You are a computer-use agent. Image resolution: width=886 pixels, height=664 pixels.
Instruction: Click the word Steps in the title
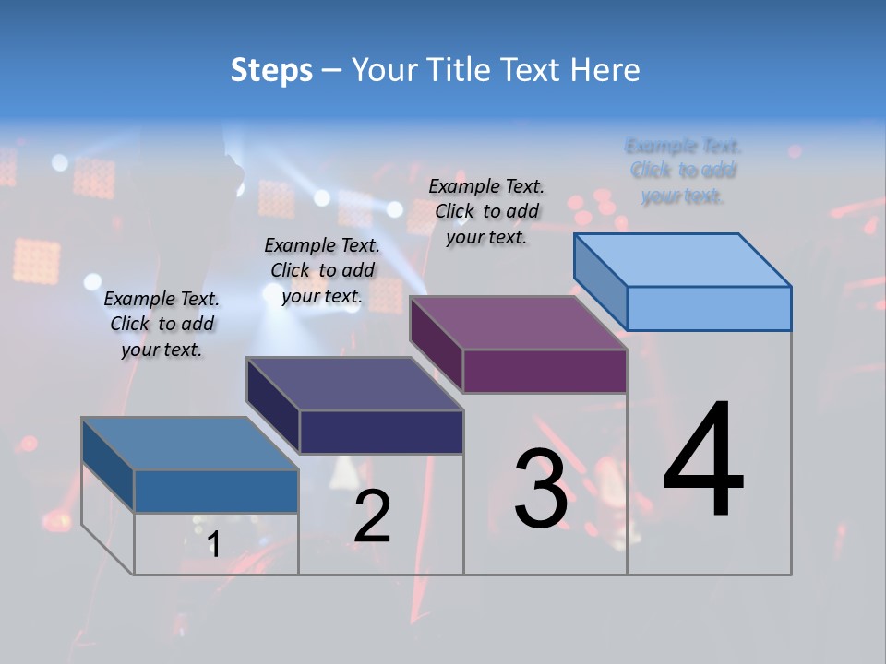tap(271, 70)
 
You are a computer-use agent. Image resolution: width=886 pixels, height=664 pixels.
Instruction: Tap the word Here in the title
tap(605, 70)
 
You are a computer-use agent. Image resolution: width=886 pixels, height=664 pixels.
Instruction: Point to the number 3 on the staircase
tap(541, 489)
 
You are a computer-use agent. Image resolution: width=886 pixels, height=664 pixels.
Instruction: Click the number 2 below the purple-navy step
tap(372, 516)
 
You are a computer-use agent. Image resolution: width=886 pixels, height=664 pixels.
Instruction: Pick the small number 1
tap(214, 544)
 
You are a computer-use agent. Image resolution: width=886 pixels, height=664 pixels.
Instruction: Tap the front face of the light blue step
tap(709, 308)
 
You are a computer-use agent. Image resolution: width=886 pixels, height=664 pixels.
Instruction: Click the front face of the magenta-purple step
tap(545, 371)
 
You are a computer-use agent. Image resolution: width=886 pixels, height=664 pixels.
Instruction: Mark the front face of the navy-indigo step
tap(381, 432)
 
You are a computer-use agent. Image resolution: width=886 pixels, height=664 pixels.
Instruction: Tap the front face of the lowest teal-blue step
tap(216, 491)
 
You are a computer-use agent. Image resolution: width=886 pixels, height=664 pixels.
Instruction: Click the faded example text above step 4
tap(683, 171)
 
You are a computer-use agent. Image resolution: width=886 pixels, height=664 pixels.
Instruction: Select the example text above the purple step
tap(487, 211)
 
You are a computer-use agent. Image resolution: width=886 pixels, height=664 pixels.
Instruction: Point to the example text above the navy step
tap(322, 270)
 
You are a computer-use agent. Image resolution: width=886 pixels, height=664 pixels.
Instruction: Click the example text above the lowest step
tap(162, 324)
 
